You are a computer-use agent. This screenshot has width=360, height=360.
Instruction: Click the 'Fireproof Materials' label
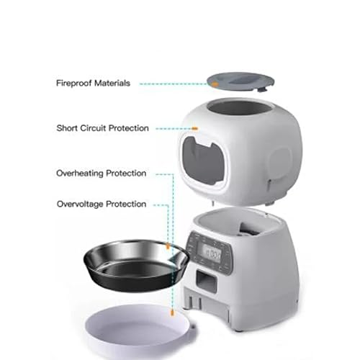[x=93, y=84]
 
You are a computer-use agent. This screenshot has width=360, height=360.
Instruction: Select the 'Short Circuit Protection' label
[x=103, y=128]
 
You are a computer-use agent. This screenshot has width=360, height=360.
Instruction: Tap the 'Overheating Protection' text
[x=102, y=174]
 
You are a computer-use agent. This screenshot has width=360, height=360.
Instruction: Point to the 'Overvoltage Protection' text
[x=102, y=204]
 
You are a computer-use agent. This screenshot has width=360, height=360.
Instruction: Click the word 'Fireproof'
[x=73, y=84]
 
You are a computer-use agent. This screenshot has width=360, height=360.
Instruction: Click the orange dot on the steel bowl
[x=168, y=247]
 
